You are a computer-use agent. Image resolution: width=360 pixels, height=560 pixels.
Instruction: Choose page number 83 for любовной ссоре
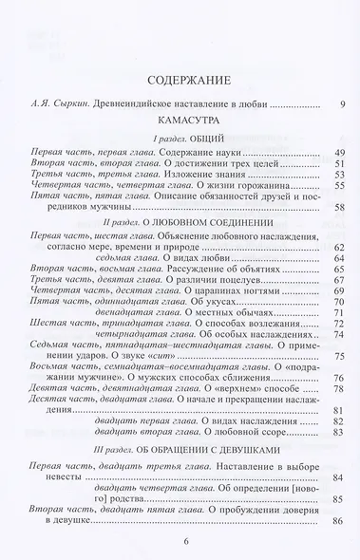tap(337, 430)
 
